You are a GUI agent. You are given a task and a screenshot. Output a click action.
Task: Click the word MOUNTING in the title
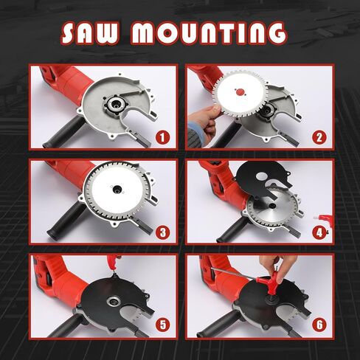[213, 33]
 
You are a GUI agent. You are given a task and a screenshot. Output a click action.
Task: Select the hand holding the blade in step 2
[203, 118]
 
